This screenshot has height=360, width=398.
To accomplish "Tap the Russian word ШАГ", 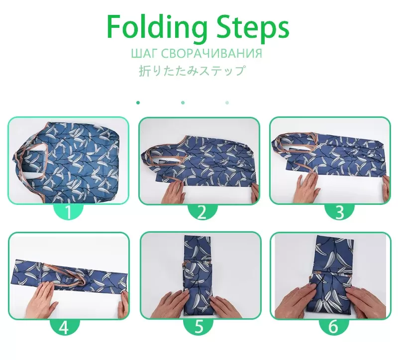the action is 144,53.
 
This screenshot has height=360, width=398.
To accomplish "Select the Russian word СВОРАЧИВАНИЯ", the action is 211,53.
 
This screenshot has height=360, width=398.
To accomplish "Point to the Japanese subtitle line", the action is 193,71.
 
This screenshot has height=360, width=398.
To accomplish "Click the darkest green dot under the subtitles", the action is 138,103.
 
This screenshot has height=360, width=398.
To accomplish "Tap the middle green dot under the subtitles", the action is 183,103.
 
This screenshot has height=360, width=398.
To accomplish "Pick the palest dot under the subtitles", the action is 227,103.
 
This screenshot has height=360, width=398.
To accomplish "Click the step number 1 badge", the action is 68,212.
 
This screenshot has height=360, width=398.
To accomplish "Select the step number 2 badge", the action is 202,212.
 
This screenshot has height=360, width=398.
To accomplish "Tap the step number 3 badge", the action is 340,212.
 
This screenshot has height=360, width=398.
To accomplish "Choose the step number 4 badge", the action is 65,327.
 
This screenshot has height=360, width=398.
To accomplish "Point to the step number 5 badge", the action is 199,327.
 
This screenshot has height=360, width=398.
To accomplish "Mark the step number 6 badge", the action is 334,327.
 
